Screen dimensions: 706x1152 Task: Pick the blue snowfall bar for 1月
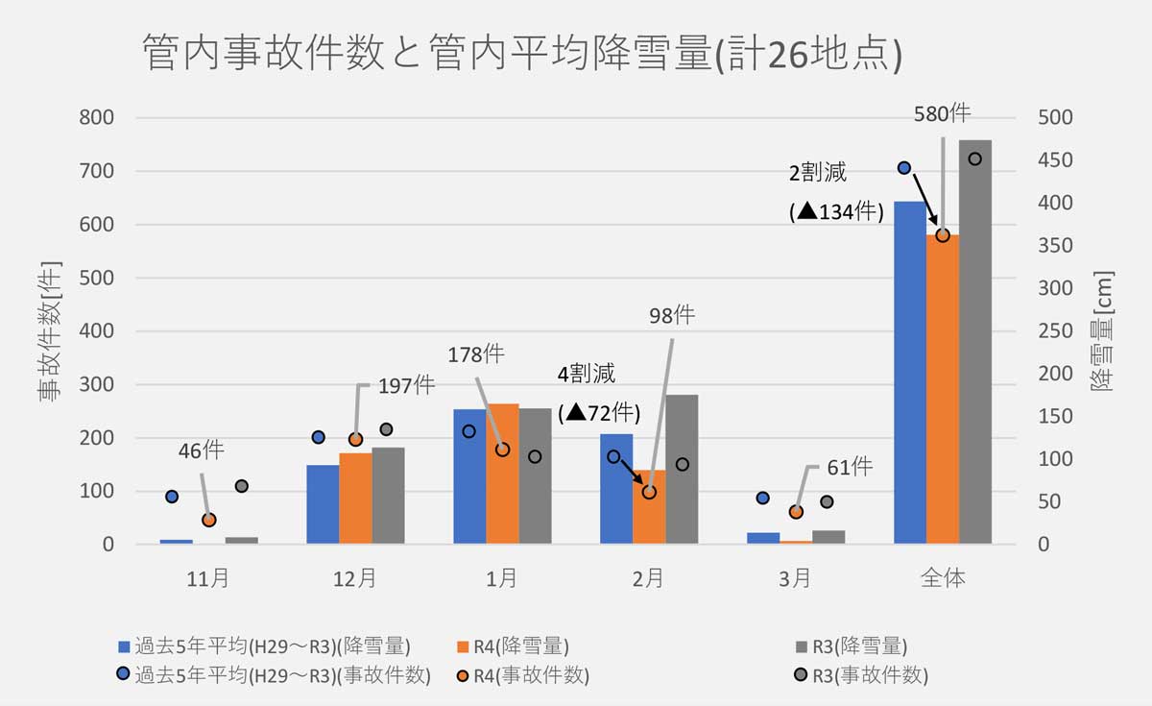[469, 476]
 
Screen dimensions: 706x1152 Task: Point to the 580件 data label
[942, 113]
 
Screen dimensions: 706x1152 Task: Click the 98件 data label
[670, 315]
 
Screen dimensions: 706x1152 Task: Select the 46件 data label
[201, 450]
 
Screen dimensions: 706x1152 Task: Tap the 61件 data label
[849, 468]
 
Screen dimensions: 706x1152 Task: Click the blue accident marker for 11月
[172, 497]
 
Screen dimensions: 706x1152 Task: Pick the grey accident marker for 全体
[974, 159]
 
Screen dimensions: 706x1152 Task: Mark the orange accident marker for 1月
[502, 450]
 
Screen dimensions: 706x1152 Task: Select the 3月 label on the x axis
[795, 578]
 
